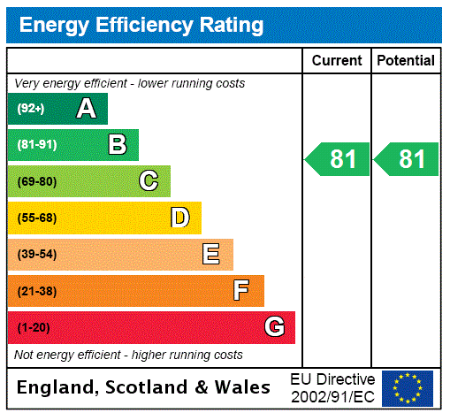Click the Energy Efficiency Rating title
pyautogui.click(x=141, y=26)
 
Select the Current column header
pyautogui.click(x=337, y=61)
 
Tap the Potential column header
pyautogui.click(x=406, y=61)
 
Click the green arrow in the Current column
pyautogui.click(x=338, y=160)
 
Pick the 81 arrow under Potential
pyautogui.click(x=407, y=160)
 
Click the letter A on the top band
pyautogui.click(x=86, y=109)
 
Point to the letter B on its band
pyautogui.click(x=117, y=145)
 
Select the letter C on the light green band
pyautogui.click(x=149, y=181)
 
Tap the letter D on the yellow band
pyautogui.click(x=179, y=218)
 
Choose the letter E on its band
pyautogui.click(x=211, y=255)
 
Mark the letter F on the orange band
pyautogui.click(x=241, y=291)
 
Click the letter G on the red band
pyautogui.click(x=274, y=327)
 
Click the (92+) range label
pyautogui.click(x=31, y=109)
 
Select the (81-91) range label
pyautogui.click(x=36, y=145)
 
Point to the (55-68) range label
pyautogui.click(x=36, y=218)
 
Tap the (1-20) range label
pyautogui.click(x=34, y=327)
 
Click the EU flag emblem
pyautogui.click(x=408, y=387)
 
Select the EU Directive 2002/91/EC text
pyautogui.click(x=332, y=387)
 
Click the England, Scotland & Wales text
pyautogui.click(x=144, y=387)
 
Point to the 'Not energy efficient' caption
pyautogui.click(x=128, y=355)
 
